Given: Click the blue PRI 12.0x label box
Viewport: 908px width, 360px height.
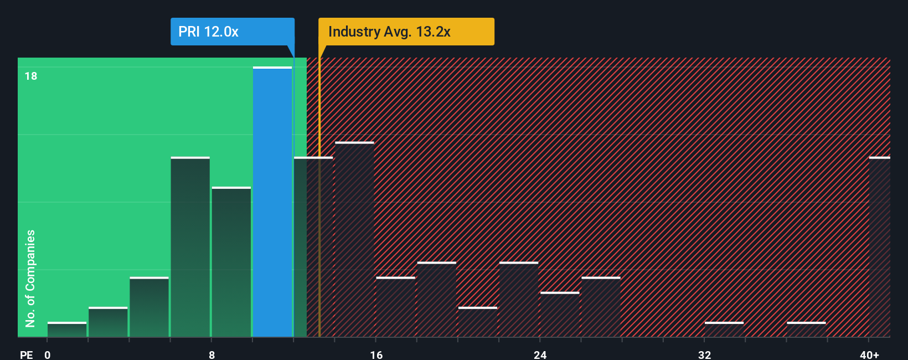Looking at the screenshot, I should tap(232, 32).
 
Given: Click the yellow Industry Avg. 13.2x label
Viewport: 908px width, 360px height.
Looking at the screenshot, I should tap(405, 32).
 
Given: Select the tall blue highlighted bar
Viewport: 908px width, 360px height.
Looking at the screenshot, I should tap(272, 202).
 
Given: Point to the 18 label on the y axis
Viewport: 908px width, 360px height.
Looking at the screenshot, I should tap(31, 76).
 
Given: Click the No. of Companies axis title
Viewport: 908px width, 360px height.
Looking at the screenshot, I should tap(30, 278).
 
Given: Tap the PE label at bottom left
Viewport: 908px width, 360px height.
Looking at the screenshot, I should tap(26, 354).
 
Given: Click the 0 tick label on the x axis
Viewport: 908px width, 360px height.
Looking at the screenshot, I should tap(48, 354).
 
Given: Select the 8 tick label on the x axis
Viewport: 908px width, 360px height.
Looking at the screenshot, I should tap(211, 354).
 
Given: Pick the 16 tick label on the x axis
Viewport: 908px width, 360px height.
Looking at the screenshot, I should tap(376, 354).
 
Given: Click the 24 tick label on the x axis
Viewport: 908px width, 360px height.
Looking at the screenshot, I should tap(540, 354).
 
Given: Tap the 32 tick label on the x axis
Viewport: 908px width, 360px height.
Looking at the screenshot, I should tap(704, 354).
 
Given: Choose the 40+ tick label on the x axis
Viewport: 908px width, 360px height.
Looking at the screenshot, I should tap(869, 354).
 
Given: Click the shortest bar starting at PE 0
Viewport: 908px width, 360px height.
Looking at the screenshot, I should tap(67, 330).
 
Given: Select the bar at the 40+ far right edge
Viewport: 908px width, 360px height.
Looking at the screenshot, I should tap(879, 247).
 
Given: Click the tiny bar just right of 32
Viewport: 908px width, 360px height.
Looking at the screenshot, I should tap(724, 330).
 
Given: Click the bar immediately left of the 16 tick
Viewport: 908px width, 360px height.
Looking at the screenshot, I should tap(354, 239).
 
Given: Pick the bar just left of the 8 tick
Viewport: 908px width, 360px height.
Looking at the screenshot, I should tap(190, 247).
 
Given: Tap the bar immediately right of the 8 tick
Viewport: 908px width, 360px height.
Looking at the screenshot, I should tap(231, 262).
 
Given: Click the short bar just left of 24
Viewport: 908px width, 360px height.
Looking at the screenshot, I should tap(519, 299).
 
